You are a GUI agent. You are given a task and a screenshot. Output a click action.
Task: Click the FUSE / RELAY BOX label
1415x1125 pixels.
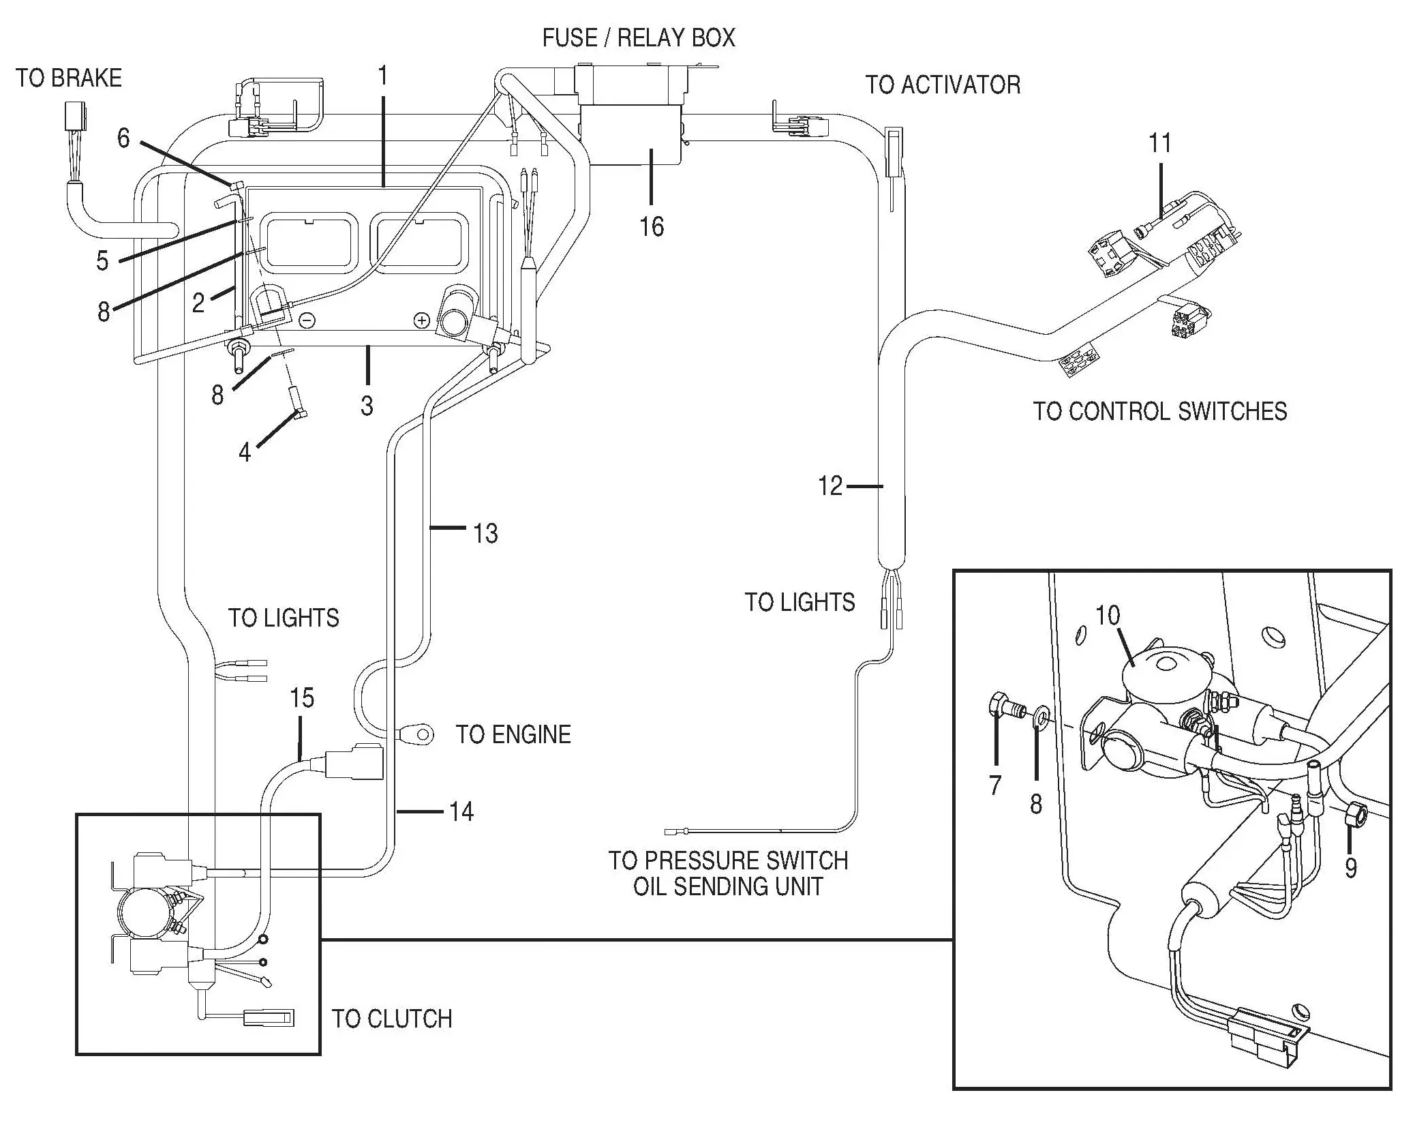pyautogui.click(x=639, y=37)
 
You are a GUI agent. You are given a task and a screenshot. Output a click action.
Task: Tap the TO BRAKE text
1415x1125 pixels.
pyautogui.click(x=69, y=78)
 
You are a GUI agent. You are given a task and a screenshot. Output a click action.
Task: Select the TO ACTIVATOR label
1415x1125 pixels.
pyautogui.click(x=943, y=85)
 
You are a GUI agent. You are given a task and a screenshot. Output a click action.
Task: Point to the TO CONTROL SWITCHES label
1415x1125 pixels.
pyautogui.click(x=1159, y=411)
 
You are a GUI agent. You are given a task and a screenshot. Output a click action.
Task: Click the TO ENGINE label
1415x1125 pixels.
pyautogui.click(x=513, y=734)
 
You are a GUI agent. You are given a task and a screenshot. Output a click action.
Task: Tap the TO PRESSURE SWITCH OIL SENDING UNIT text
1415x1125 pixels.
pyautogui.click(x=728, y=873)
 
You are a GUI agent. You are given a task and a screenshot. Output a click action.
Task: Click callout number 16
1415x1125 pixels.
pyautogui.click(x=652, y=226)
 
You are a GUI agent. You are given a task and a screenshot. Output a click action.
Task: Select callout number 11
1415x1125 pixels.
pyautogui.click(x=1160, y=143)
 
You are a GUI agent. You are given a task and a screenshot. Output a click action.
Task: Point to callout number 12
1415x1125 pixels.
pyautogui.click(x=830, y=486)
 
